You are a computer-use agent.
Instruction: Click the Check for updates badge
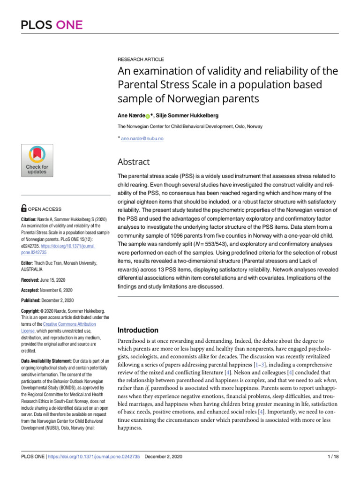(37, 160)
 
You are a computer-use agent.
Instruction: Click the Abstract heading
(134, 162)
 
